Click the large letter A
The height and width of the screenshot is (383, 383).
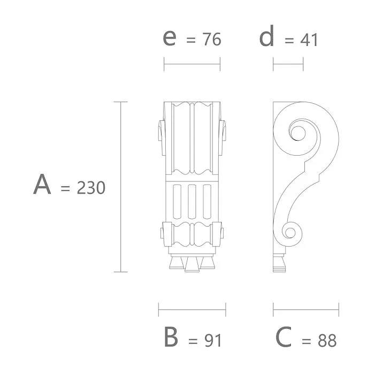[x=42, y=185]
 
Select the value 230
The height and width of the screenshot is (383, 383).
[x=91, y=188]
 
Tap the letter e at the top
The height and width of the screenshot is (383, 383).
[x=170, y=37]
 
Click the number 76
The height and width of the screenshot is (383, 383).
[x=210, y=40]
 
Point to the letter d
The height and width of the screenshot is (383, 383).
[x=267, y=37]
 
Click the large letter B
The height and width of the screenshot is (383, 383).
[x=171, y=337]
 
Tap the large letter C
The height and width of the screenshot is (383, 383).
[x=284, y=337]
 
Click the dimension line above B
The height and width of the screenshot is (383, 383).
[x=192, y=309]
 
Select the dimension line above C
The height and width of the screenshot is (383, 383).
[x=306, y=309]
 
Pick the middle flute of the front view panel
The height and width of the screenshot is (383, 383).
[x=192, y=201]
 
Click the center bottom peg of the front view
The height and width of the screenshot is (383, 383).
[x=192, y=264]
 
